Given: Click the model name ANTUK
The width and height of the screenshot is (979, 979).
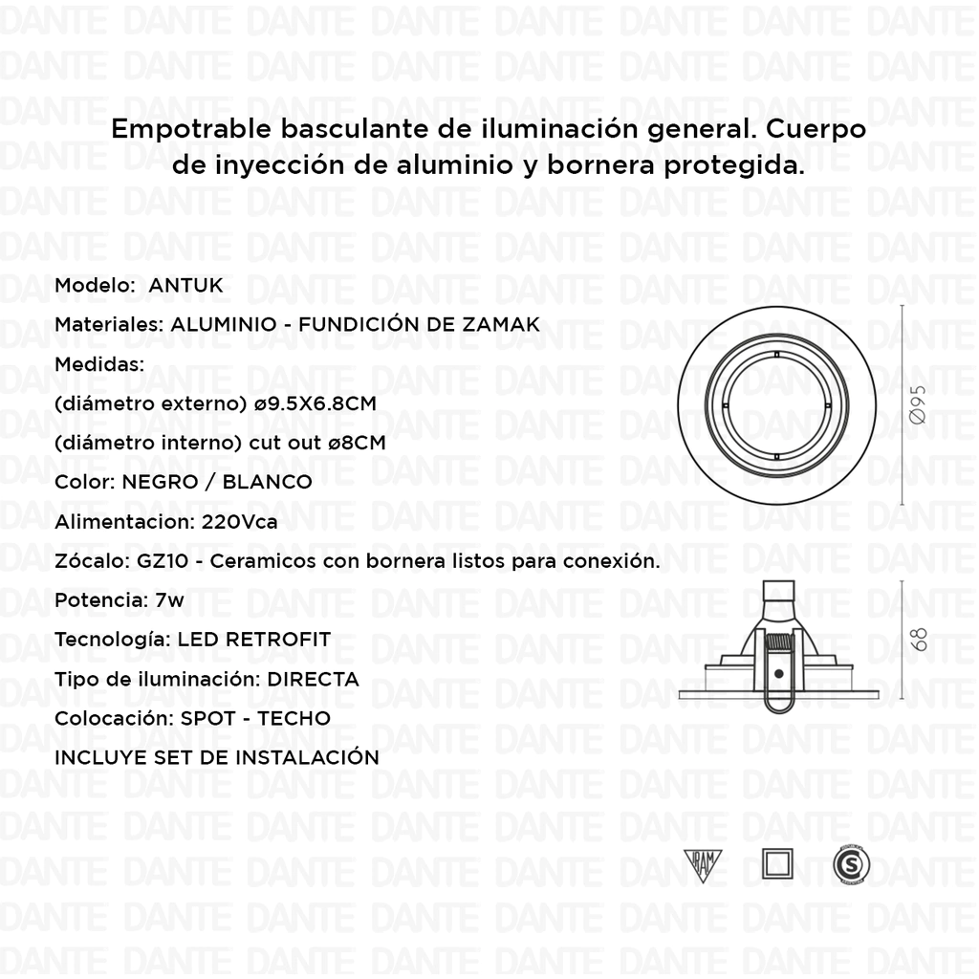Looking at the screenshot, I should click(x=185, y=285).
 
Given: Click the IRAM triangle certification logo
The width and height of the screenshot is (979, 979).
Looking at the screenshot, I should click(x=706, y=863).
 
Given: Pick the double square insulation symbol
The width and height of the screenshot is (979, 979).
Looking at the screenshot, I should click(x=777, y=863).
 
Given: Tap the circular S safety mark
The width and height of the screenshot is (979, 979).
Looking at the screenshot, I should click(x=851, y=864).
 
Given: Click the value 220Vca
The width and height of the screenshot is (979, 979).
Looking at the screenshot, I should click(x=240, y=522).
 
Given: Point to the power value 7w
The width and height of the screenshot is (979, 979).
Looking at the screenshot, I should click(x=169, y=600).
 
